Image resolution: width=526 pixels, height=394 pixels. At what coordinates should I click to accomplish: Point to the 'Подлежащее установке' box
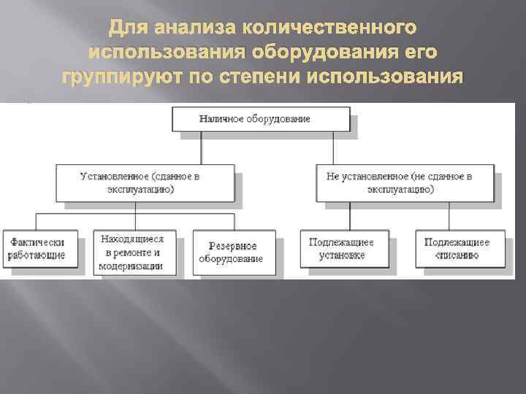coord(341,249)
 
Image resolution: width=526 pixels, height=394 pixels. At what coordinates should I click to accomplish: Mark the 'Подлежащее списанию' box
coord(457,249)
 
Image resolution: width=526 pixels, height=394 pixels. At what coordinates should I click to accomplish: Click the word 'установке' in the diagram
coord(341,256)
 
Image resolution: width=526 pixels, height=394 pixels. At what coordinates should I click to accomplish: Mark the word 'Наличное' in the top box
coord(220,119)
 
